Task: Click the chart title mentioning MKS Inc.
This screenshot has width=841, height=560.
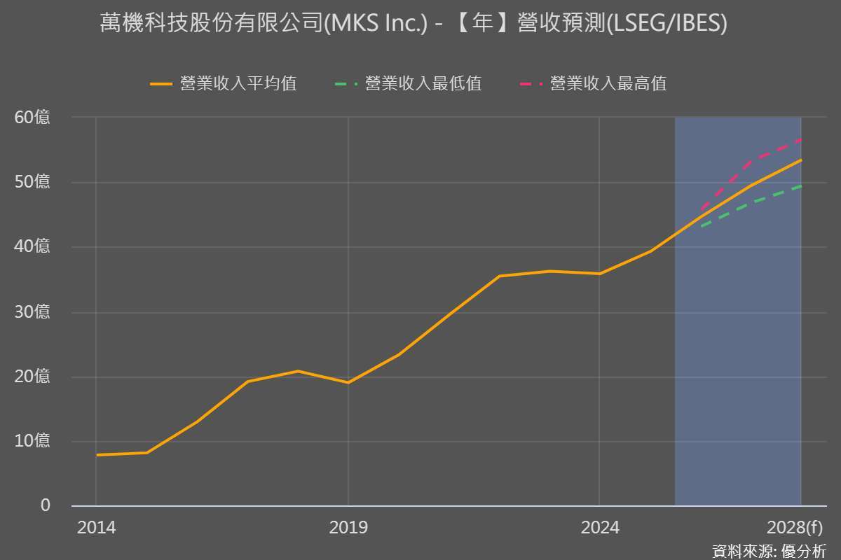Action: pyautogui.click(x=413, y=24)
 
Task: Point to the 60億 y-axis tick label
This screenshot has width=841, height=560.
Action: pyautogui.click(x=33, y=118)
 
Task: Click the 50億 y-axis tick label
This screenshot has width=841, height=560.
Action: pyautogui.click(x=33, y=183)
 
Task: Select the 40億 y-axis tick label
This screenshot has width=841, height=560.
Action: pyautogui.click(x=33, y=247)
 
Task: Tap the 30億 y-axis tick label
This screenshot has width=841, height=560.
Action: pyautogui.click(x=33, y=312)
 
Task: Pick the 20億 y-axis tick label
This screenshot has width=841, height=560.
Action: pyautogui.click(x=33, y=377)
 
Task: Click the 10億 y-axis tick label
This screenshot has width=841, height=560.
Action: pyautogui.click(x=33, y=442)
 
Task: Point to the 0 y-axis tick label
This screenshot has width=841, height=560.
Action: pyautogui.click(x=46, y=505)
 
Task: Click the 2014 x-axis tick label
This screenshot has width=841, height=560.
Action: pyautogui.click(x=97, y=528)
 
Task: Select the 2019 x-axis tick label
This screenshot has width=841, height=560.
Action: pyautogui.click(x=348, y=528)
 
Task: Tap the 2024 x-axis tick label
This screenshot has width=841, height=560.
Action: pyautogui.click(x=600, y=528)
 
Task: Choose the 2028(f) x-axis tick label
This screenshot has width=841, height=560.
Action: pyautogui.click(x=795, y=528)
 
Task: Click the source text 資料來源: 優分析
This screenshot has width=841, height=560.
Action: pyautogui.click(x=769, y=551)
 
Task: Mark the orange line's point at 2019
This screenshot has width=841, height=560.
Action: pyautogui.click(x=348, y=383)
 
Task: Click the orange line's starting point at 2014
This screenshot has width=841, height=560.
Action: pyautogui.click(x=97, y=455)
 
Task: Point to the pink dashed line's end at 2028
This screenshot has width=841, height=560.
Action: pyautogui.click(x=801, y=140)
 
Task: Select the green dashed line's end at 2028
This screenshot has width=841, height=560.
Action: pyautogui.click(x=801, y=186)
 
